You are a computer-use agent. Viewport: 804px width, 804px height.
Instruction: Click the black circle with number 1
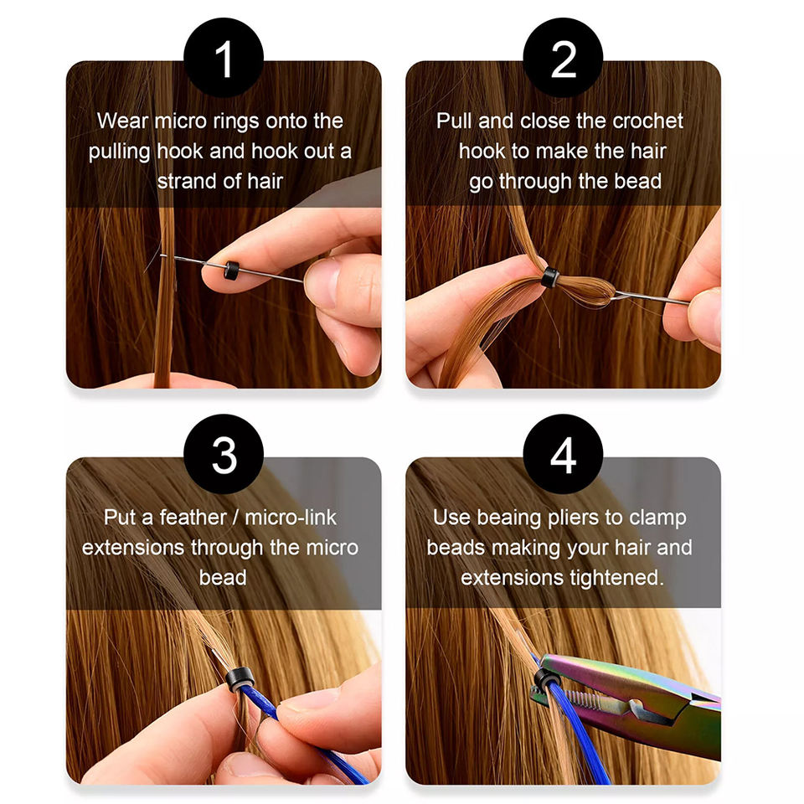tap(224, 58)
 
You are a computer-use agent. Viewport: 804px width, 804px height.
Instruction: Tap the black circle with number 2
tap(563, 58)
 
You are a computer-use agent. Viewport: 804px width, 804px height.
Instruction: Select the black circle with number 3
tap(224, 454)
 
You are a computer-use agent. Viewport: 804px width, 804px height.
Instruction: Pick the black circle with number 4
tap(563, 454)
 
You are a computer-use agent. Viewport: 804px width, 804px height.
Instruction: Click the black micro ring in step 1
tap(231, 271)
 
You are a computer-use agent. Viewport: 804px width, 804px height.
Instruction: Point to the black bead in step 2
tap(550, 277)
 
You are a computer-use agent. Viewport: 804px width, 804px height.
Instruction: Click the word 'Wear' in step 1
tap(122, 121)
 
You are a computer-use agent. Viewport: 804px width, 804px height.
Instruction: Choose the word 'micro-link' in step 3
tap(291, 518)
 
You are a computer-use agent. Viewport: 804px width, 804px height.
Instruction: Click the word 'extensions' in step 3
tap(133, 548)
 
